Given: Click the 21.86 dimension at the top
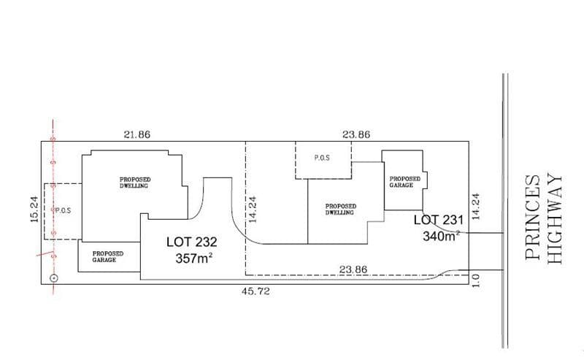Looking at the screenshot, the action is [137, 134].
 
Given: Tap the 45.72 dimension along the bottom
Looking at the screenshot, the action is [255, 291].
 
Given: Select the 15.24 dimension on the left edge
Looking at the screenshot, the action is [34, 209].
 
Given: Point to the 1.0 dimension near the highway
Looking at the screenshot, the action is [477, 280].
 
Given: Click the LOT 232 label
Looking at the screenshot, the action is [191, 242].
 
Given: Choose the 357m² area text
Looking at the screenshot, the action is [193, 258].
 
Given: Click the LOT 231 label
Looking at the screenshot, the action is [439, 220].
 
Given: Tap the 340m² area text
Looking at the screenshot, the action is [441, 236].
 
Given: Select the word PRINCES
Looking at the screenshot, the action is [533, 218].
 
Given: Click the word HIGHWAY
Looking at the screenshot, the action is [555, 219].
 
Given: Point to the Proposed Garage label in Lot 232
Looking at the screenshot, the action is [107, 257].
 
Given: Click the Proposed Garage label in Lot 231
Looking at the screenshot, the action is [405, 182].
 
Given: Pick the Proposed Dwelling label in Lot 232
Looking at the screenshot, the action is [135, 183].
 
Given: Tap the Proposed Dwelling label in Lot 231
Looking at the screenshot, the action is [341, 210].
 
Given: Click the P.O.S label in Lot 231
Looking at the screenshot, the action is [322, 158].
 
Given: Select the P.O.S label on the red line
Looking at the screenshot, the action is [63, 210].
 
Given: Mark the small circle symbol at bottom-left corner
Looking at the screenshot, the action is [54, 278].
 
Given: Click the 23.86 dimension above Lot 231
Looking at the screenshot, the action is [356, 134].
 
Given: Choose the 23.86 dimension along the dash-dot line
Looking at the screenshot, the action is [353, 269].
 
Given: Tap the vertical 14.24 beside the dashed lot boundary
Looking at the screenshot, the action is [253, 210].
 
